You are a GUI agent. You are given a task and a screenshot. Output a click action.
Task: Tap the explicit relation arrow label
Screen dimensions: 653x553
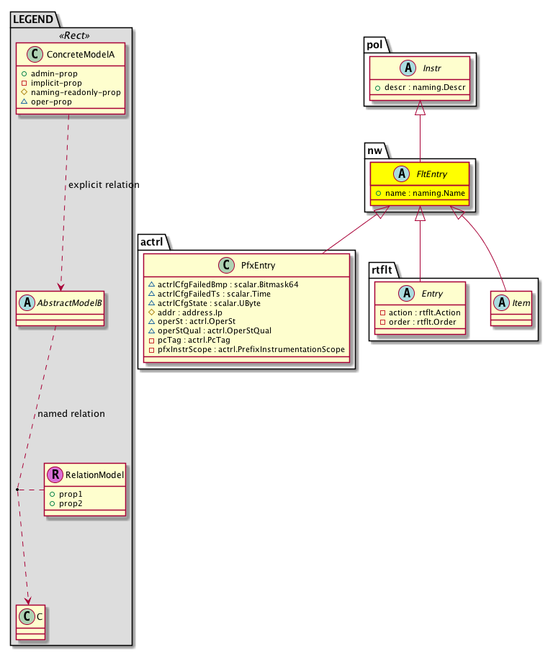pyautogui.click(x=104, y=185)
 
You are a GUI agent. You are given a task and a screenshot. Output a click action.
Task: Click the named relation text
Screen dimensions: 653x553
pyautogui.click(x=71, y=414)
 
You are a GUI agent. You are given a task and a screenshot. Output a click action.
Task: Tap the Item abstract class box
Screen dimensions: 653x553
pyautogui.click(x=511, y=309)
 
